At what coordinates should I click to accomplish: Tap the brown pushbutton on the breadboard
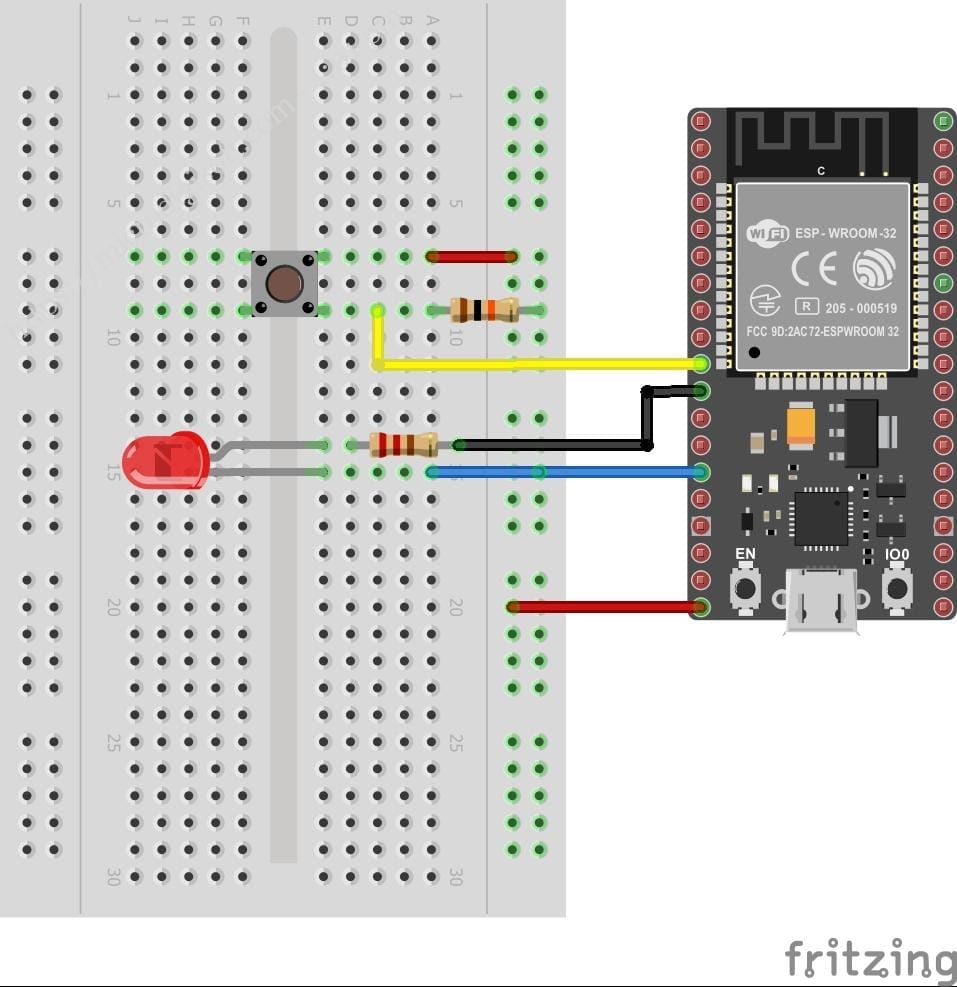[285, 284]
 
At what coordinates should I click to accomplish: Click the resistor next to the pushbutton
[485, 310]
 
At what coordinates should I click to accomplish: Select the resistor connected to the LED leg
[403, 444]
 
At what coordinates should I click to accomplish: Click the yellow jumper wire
[540, 364]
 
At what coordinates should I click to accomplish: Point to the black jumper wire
[550, 445]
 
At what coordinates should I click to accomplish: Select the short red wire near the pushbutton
[471, 257]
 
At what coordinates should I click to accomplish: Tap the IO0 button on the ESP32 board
[897, 587]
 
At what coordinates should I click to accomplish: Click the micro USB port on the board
[822, 600]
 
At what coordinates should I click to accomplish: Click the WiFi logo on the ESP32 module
[767, 234]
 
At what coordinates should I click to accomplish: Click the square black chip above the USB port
[821, 518]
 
